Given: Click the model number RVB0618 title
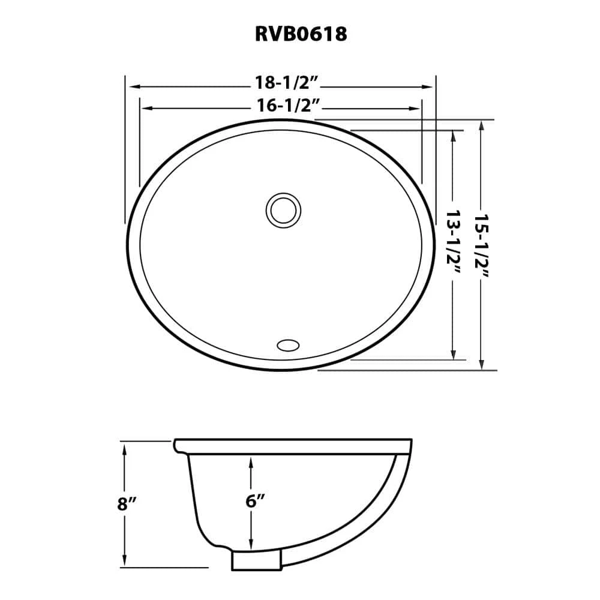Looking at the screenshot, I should click(301, 34).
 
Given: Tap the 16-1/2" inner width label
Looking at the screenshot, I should click(282, 106).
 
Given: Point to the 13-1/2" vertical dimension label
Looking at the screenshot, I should click(454, 242).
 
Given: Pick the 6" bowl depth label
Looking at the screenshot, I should click(255, 501).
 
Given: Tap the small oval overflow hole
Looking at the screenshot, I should click(287, 344).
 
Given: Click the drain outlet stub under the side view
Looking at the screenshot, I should click(256, 561).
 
